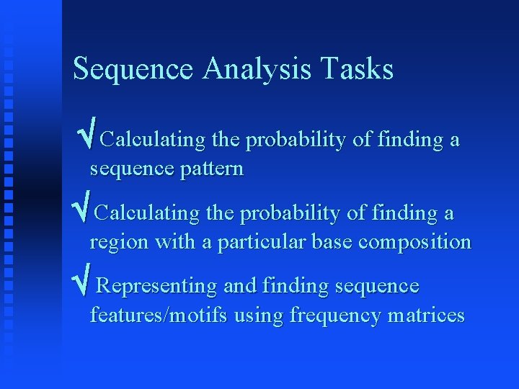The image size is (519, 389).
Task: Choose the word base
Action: coord(332,242)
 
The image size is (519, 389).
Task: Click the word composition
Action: coord(414,242)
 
